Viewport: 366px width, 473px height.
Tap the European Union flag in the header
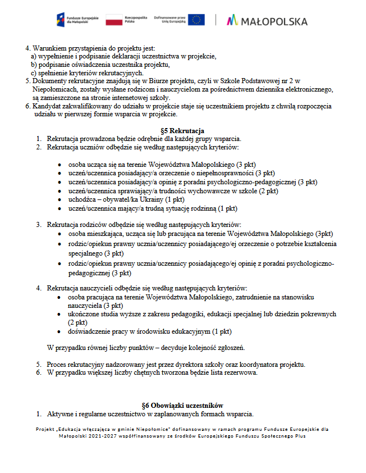[x=196, y=20]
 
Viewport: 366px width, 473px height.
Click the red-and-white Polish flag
[x=114, y=21]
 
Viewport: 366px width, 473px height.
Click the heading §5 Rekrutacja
[x=182, y=131]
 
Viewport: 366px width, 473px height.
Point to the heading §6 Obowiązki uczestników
[x=182, y=406]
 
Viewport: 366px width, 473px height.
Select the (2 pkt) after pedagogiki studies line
[x=77, y=322]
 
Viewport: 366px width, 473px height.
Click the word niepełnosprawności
[x=224, y=173]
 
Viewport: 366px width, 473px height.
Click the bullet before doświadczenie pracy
[x=61, y=331]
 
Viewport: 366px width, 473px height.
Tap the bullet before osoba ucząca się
[x=61, y=165]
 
